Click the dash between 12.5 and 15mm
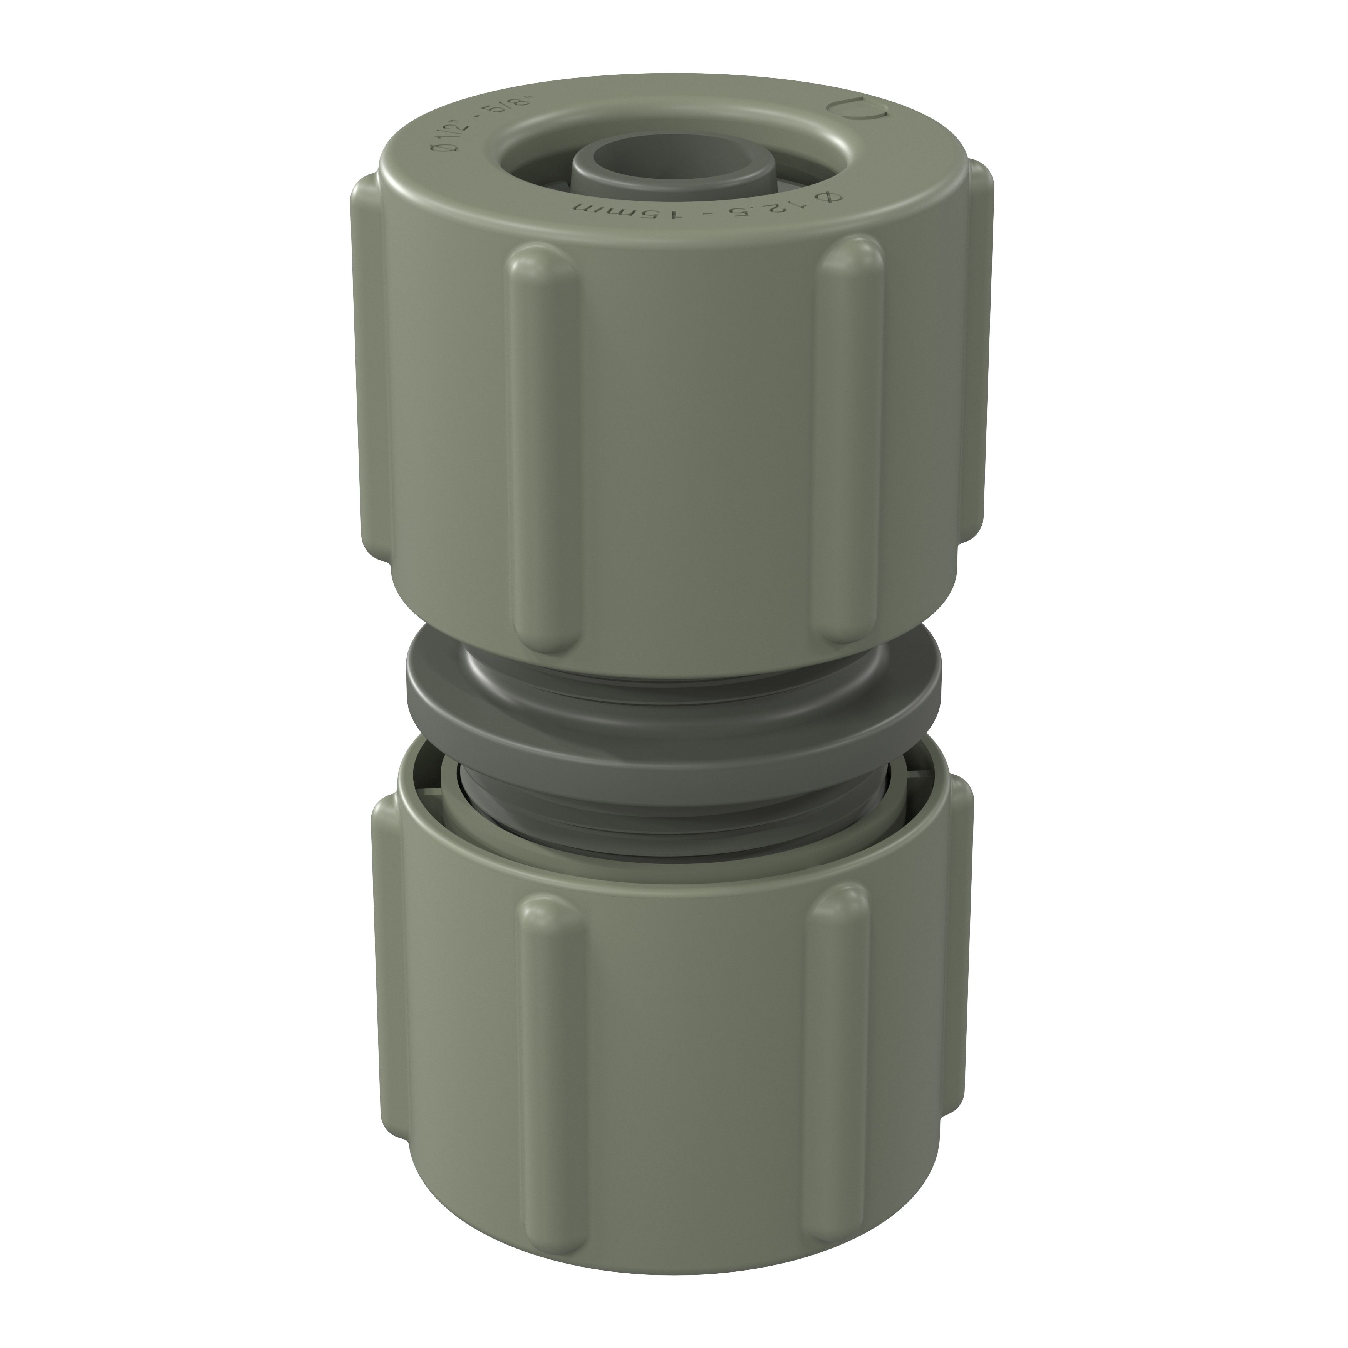coord(698,212)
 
